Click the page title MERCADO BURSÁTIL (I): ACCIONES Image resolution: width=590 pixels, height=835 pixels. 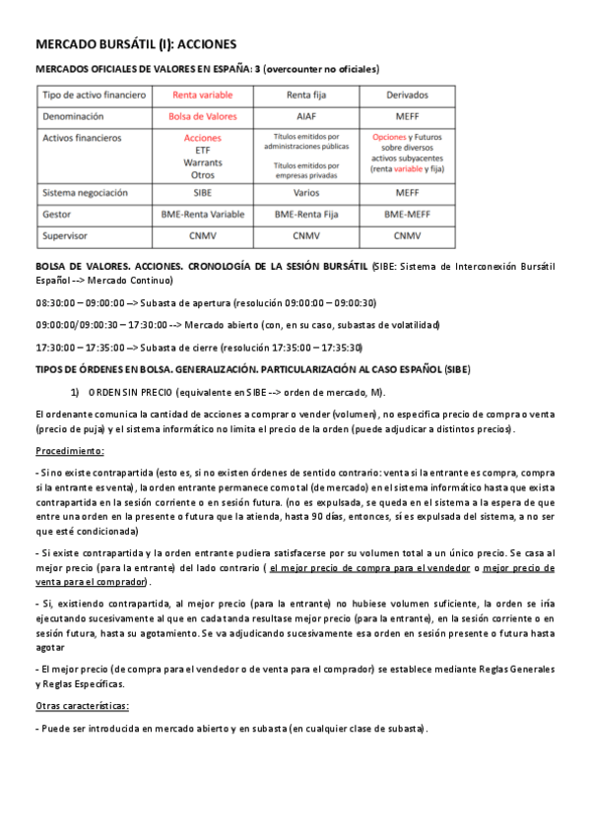click(136, 44)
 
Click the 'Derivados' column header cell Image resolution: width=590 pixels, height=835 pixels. click(407, 96)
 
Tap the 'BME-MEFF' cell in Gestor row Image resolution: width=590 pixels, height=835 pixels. click(407, 214)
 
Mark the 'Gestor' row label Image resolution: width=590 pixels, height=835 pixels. click(59, 214)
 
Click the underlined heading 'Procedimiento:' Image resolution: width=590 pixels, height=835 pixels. click(69, 450)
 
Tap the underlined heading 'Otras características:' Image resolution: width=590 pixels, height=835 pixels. click(82, 706)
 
